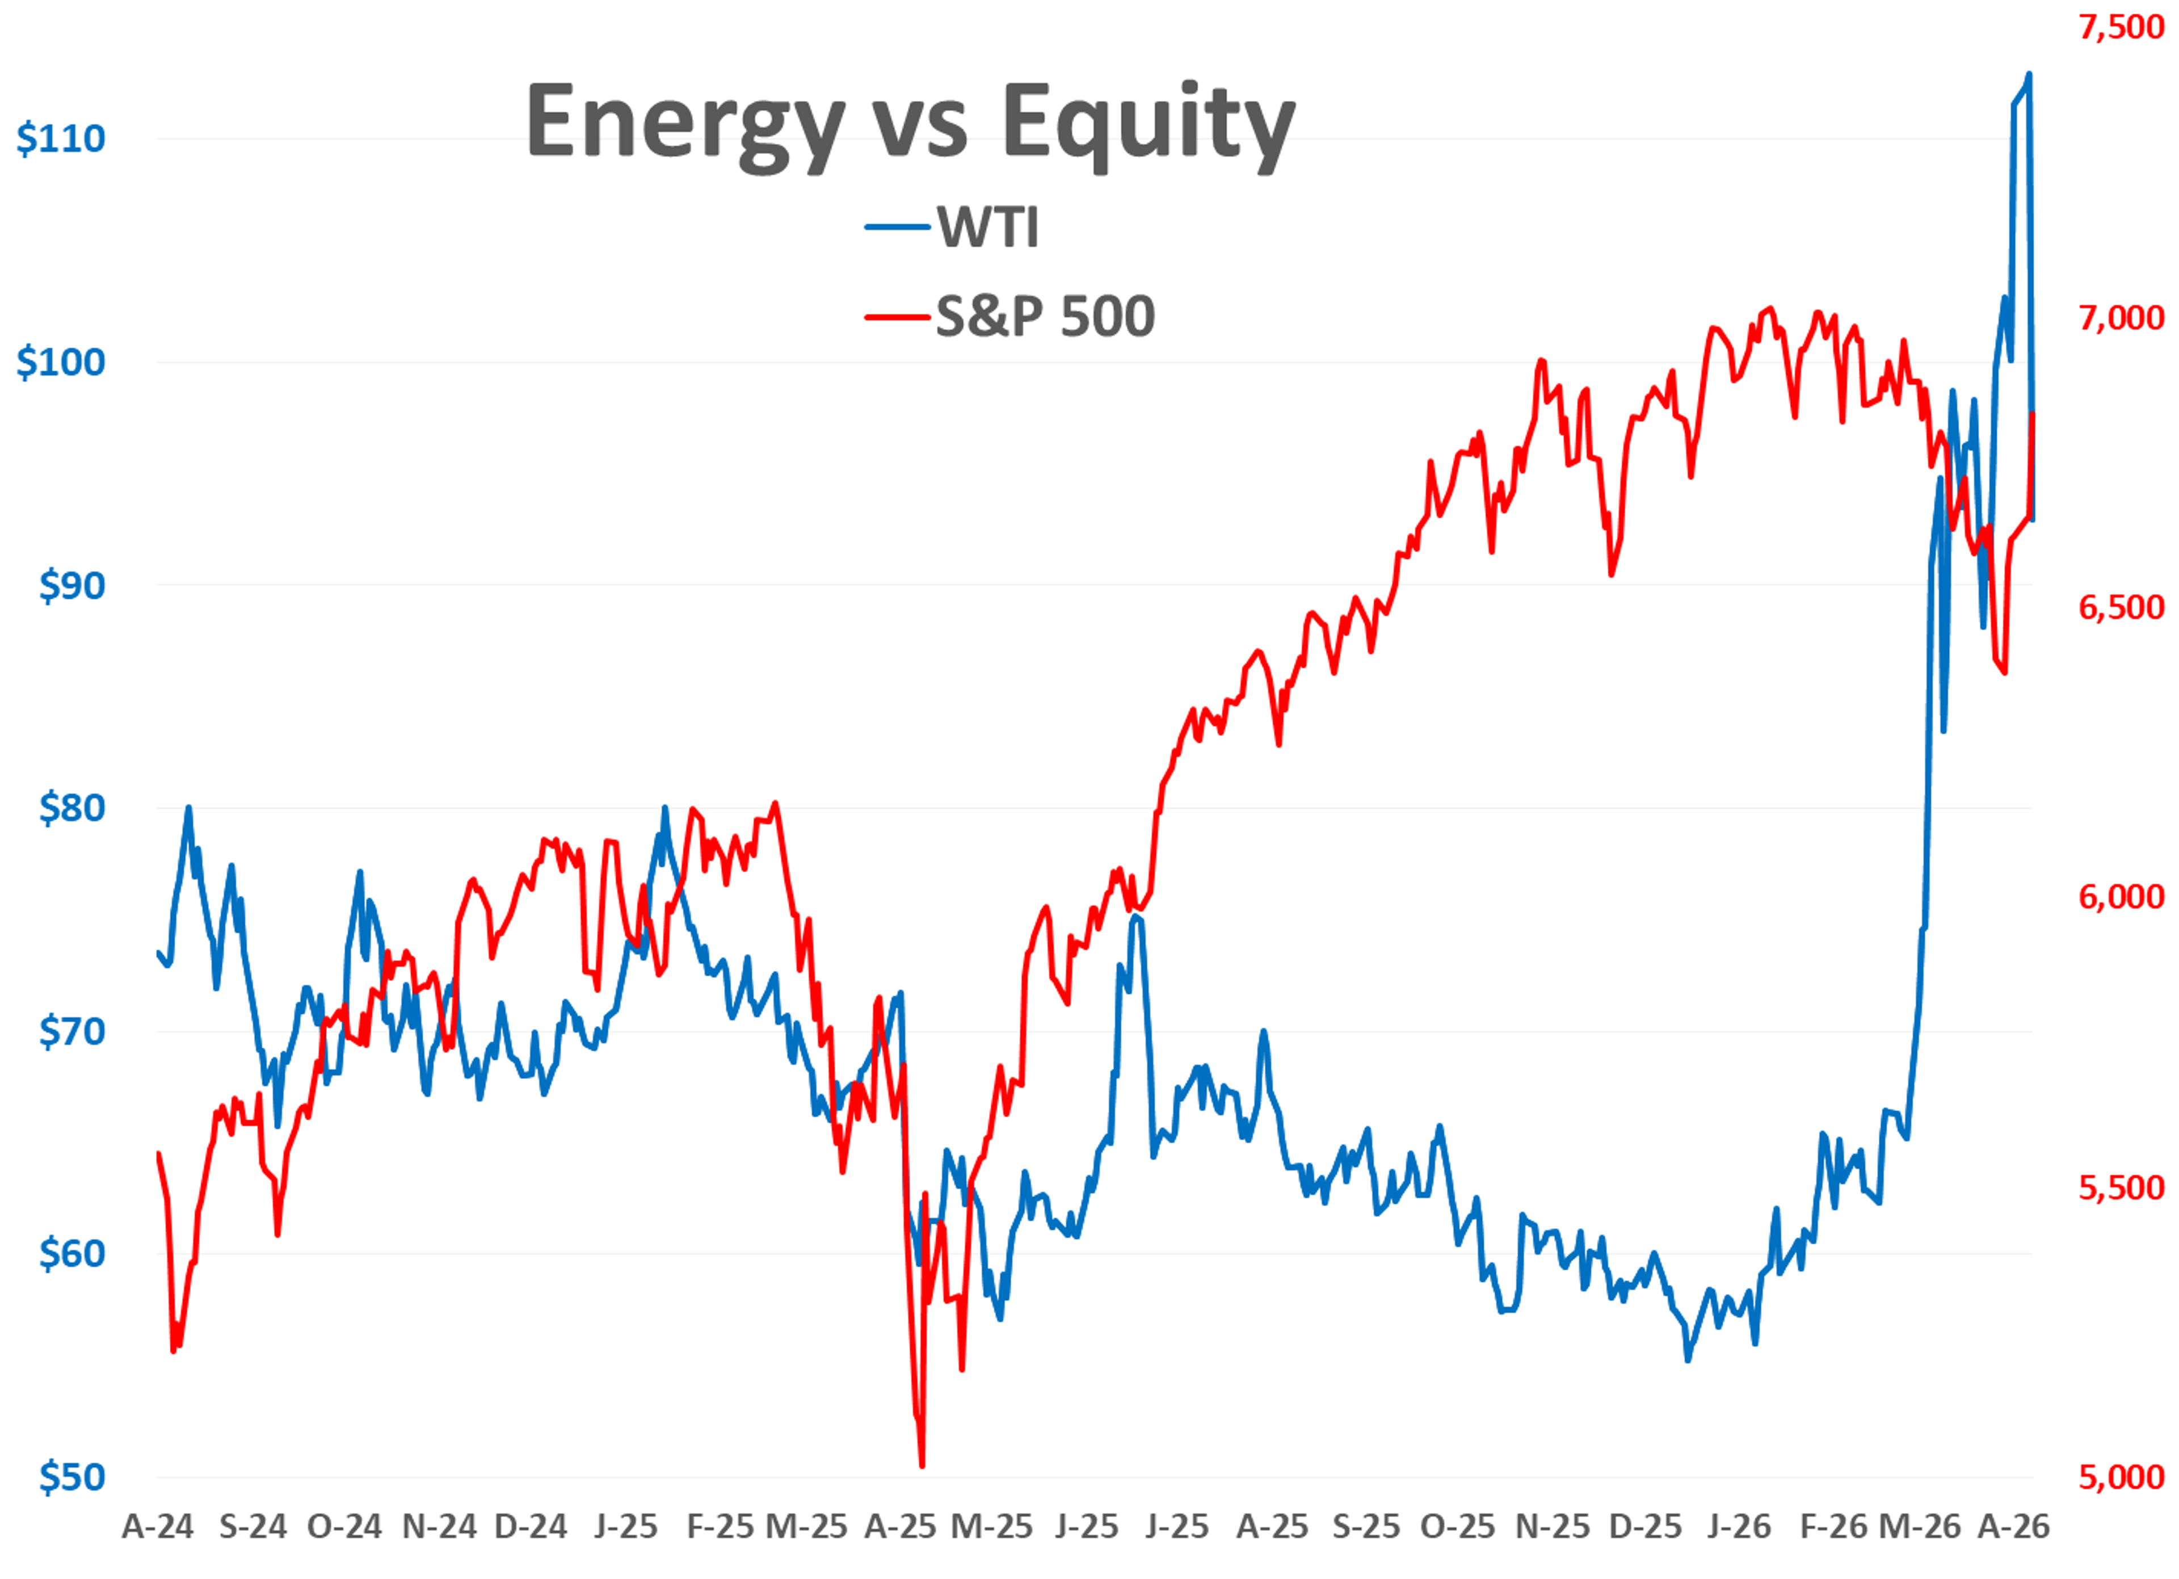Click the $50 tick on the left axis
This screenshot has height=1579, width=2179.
tap(71, 1477)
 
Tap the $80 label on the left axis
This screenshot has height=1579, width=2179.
tap(71, 808)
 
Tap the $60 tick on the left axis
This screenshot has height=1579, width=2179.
tap(71, 1254)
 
